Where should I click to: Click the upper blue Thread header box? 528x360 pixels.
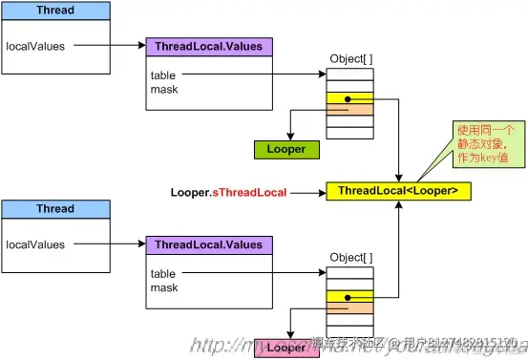(x=55, y=11)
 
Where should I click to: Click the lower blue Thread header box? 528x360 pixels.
(x=55, y=209)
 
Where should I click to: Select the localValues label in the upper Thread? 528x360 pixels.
(x=34, y=44)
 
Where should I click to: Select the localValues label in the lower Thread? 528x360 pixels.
(x=34, y=244)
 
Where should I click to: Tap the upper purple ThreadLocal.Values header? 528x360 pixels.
(x=208, y=46)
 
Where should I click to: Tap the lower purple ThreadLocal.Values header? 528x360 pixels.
(x=208, y=245)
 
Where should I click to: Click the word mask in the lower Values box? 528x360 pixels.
(x=164, y=287)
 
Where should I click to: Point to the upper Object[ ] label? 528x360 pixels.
(x=350, y=59)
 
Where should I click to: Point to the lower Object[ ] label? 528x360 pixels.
(x=350, y=258)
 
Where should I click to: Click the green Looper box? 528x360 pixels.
(x=286, y=149)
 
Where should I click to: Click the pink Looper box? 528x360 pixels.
(x=286, y=348)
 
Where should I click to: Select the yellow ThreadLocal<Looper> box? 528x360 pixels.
(x=398, y=192)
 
